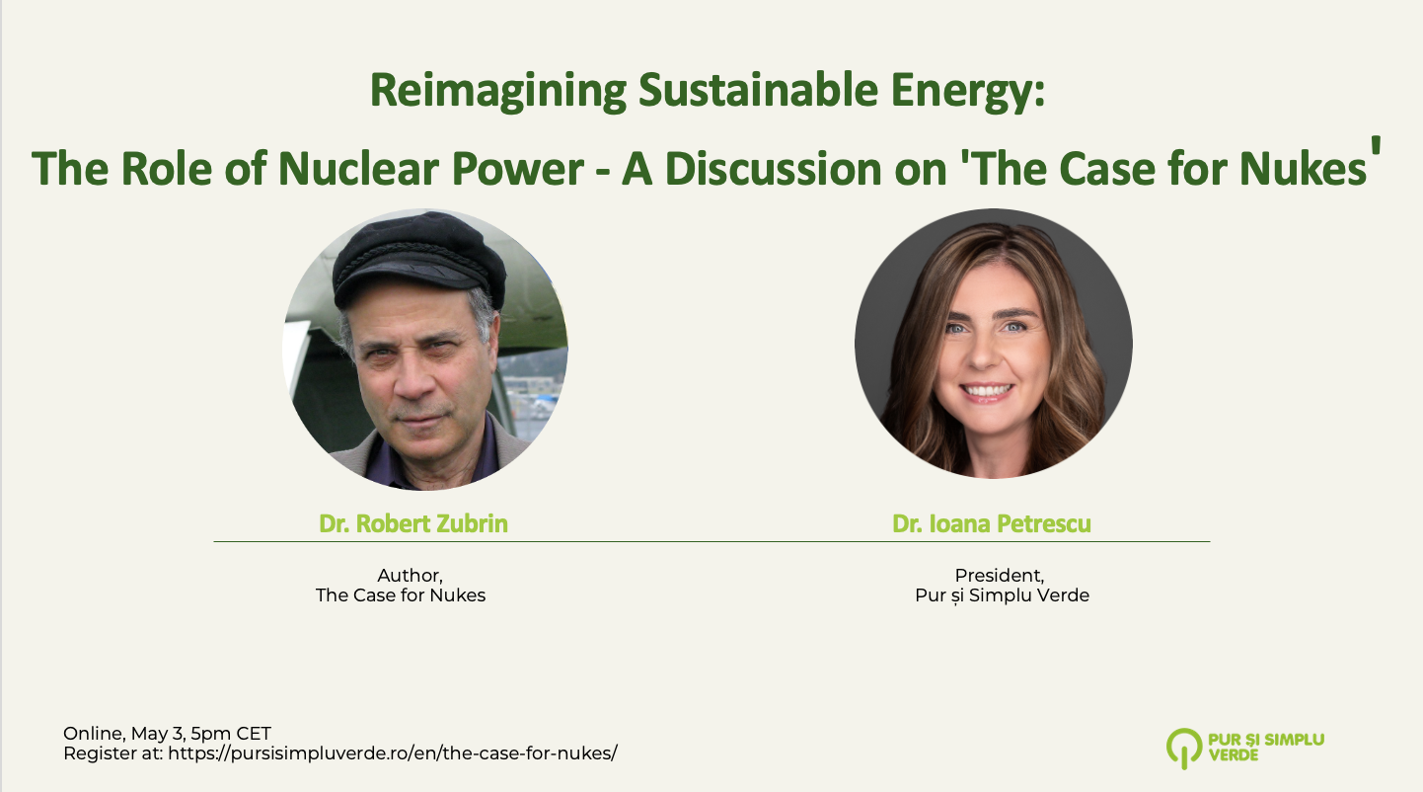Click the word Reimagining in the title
click(498, 92)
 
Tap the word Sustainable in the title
click(759, 90)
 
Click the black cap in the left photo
click(419, 258)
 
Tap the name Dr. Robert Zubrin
click(412, 523)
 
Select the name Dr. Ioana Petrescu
click(992, 523)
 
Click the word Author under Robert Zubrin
click(410, 576)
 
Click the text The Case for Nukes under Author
click(401, 595)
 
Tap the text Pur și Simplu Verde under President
click(1002, 596)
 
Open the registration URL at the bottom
click(393, 753)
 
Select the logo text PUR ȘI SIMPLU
click(1266, 740)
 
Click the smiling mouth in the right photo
click(985, 390)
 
